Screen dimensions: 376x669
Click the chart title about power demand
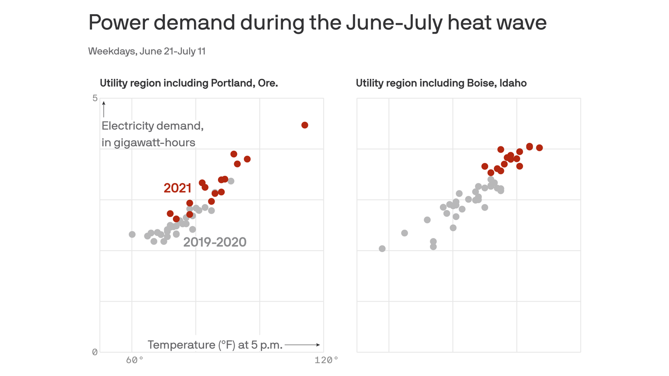317,23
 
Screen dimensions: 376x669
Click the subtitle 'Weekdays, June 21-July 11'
146,51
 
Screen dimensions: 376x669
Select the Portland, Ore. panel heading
189,83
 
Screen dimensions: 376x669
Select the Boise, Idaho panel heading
441,83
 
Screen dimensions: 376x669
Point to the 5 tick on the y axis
95,98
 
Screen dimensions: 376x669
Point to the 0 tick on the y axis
95,352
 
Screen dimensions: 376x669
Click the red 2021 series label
177,188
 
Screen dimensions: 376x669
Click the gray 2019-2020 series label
215,242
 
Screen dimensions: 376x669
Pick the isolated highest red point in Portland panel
305,125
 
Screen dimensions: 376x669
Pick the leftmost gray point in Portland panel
132,235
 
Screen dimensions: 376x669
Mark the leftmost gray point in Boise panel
382,249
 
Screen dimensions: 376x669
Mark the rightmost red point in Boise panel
539,148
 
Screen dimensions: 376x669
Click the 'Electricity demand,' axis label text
152,126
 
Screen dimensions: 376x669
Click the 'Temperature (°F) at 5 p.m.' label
215,345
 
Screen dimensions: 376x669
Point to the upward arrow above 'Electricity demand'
104,109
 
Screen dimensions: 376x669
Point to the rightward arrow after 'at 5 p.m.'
302,345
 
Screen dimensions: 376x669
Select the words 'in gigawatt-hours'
148,143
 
